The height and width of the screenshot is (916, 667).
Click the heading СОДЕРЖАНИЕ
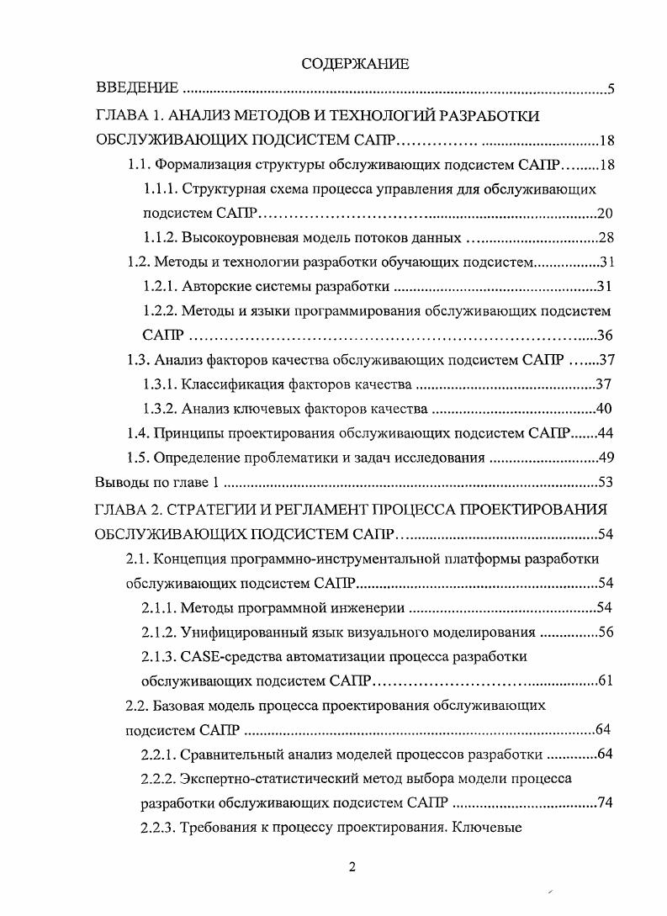click(354, 63)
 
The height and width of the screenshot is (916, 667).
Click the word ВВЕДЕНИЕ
click(137, 88)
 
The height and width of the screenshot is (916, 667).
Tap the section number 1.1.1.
click(160, 189)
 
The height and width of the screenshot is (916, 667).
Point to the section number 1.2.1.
click(160, 287)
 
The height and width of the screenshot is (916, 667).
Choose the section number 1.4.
click(136, 434)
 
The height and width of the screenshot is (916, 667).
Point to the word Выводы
click(120, 483)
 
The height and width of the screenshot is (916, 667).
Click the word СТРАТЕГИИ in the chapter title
click(214, 509)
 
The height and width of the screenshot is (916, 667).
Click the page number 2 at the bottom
click(353, 869)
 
